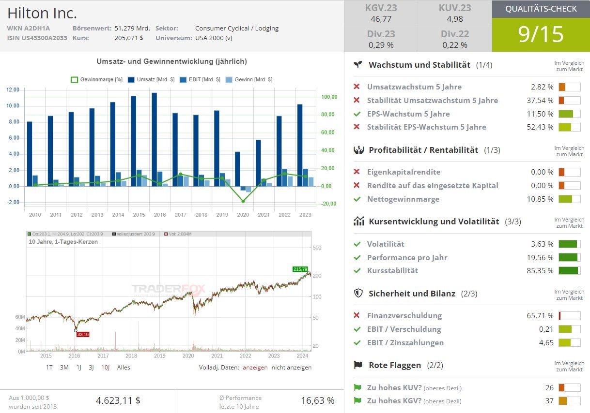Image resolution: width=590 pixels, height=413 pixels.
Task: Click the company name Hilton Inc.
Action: coord(42,13)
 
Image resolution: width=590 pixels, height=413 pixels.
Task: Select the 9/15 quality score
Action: coord(541,34)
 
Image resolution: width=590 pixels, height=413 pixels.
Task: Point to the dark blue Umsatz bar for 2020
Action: coord(237,169)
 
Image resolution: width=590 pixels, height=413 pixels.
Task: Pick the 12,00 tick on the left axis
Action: coord(13,90)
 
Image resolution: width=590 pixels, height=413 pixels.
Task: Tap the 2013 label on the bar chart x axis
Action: coord(97,215)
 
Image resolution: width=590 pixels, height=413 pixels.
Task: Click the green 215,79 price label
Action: coord(300,269)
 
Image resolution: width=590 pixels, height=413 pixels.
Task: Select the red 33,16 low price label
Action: coord(83,334)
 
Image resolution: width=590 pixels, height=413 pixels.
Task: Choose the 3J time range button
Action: coord(91,367)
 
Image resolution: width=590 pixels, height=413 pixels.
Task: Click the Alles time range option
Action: coord(124,367)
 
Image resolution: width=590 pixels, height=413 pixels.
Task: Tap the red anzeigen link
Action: coord(255,367)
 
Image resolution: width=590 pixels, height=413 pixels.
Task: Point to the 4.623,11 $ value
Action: coord(118,400)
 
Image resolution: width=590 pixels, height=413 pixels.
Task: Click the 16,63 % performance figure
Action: coord(318,400)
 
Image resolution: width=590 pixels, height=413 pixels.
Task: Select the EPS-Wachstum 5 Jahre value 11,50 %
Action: coord(540,114)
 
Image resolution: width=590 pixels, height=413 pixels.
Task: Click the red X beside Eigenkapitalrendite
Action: coord(357,172)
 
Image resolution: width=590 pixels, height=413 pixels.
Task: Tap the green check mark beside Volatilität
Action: coord(357,244)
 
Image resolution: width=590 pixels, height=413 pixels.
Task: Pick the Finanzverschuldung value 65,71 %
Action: coord(540,316)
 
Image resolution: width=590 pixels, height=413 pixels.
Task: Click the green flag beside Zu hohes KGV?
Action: coord(357,400)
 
